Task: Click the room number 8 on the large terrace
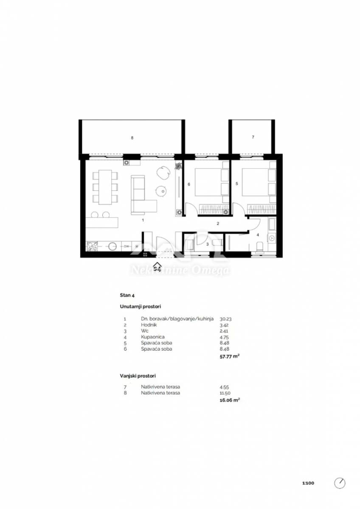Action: [x=132, y=138]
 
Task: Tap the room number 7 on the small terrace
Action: [x=253, y=137]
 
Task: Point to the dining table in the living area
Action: [x=105, y=187]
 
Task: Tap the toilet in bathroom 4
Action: [x=259, y=247]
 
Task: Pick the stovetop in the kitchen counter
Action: [x=92, y=246]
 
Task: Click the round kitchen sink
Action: [x=112, y=246]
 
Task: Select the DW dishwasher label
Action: [x=126, y=246]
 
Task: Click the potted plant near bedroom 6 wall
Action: [x=179, y=166]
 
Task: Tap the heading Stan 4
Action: [x=127, y=295]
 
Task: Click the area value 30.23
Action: [x=225, y=319]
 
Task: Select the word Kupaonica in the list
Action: [x=152, y=337]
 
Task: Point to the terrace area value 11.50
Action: [x=225, y=393]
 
